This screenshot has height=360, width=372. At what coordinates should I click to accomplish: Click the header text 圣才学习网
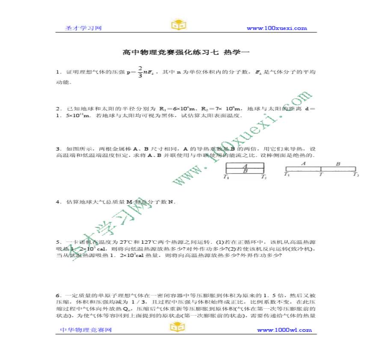(83, 28)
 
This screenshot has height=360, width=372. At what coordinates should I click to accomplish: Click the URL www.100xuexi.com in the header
(277, 28)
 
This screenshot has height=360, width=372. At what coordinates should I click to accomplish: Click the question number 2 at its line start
(57, 109)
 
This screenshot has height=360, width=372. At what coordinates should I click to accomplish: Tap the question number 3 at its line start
(57, 149)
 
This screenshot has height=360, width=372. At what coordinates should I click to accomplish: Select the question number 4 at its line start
(57, 202)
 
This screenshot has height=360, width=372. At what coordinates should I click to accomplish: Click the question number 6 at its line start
(57, 295)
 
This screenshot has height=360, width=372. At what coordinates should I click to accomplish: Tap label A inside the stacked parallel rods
(245, 166)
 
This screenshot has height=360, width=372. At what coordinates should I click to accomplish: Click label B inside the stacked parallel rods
(245, 171)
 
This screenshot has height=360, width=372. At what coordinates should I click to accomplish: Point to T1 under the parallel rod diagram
(226, 177)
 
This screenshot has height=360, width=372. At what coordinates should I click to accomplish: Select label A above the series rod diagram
(303, 163)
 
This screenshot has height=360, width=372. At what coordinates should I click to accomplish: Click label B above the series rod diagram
(338, 163)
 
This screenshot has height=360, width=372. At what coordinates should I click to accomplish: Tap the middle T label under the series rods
(321, 174)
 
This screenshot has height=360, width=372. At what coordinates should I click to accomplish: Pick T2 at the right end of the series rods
(356, 174)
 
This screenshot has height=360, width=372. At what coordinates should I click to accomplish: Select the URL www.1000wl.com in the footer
(284, 330)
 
